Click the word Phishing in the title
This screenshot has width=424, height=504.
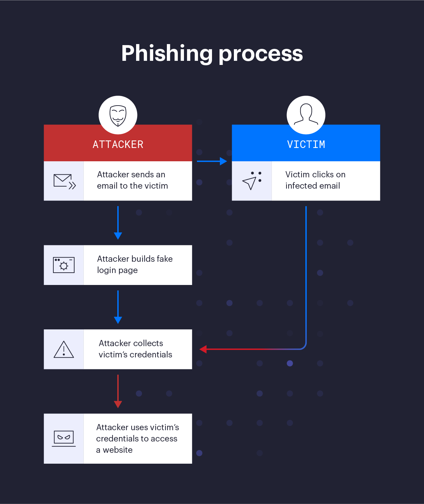pos(167,54)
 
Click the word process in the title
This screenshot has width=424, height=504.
pos(261,54)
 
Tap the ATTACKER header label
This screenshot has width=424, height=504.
pos(118,145)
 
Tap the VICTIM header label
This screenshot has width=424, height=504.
pos(306,145)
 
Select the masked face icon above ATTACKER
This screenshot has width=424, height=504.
pos(118,115)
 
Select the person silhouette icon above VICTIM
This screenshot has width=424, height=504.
pos(306,114)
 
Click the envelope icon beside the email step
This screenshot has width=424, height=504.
pos(64,181)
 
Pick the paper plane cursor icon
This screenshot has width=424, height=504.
pos(251,181)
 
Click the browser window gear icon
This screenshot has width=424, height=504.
pos(64,265)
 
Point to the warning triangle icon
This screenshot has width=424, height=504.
pos(64,350)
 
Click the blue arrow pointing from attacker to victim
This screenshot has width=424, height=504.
pos(212,161)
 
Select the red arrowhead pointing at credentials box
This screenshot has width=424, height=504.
pos(203,349)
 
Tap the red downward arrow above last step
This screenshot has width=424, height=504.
pos(118,391)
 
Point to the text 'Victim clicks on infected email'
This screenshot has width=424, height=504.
pos(315,180)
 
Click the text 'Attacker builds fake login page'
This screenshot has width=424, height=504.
pos(135,264)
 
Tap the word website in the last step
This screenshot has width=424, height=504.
pos(118,450)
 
